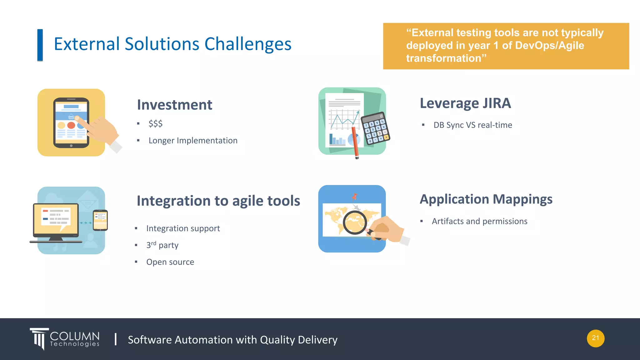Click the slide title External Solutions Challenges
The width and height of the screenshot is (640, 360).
(x=172, y=44)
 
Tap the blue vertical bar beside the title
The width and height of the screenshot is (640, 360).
(x=40, y=45)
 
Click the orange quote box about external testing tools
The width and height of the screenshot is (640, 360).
(x=506, y=46)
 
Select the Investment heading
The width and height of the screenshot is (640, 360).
(x=174, y=105)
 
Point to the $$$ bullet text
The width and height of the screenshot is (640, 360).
(x=155, y=124)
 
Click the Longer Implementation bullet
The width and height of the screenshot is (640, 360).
(x=193, y=141)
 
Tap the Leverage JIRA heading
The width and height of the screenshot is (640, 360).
(x=465, y=103)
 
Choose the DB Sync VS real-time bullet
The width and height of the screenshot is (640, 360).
(x=472, y=125)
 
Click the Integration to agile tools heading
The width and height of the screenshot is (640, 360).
(x=218, y=201)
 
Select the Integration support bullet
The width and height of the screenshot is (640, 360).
(x=183, y=228)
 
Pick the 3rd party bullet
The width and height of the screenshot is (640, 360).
(x=162, y=245)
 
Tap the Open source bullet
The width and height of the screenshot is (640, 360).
(x=170, y=262)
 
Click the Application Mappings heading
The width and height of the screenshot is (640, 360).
(x=486, y=199)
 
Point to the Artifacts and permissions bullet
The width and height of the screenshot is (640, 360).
(x=479, y=221)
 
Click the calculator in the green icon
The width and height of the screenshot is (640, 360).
(x=375, y=128)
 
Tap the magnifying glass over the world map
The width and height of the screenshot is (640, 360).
(x=354, y=222)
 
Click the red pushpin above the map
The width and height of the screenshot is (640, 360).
(x=354, y=197)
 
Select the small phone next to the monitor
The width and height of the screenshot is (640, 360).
(x=100, y=220)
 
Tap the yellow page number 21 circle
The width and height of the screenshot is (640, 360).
(x=595, y=338)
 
